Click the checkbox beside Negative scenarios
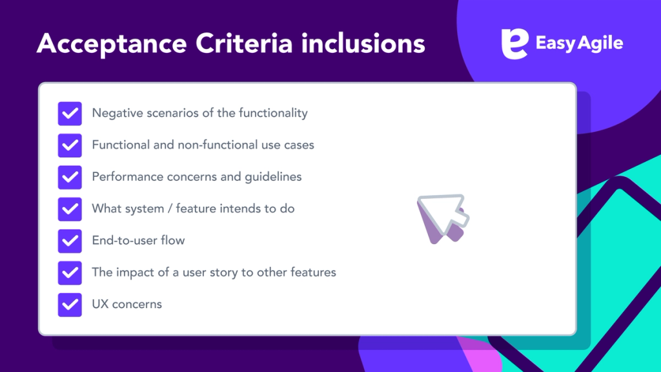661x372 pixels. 70,113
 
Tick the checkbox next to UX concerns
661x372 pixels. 70,304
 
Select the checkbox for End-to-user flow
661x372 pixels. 70,240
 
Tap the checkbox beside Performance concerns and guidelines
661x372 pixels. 70,176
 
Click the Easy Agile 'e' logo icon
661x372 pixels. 514,43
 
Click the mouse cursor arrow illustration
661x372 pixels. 443,218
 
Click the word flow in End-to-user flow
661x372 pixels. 172,240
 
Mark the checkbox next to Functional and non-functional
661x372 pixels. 70,145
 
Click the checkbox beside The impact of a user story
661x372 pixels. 70,272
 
